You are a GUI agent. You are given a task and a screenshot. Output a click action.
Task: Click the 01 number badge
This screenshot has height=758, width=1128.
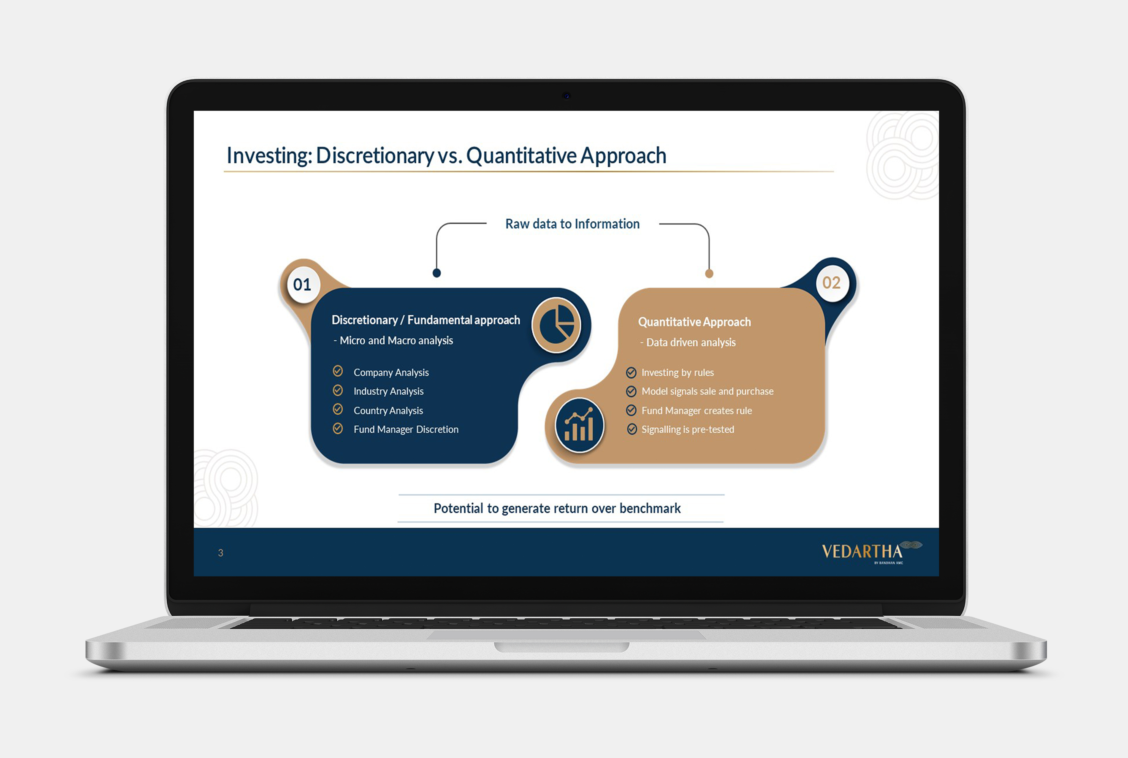[303, 285]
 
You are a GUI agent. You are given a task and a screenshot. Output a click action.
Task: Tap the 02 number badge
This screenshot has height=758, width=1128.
[832, 283]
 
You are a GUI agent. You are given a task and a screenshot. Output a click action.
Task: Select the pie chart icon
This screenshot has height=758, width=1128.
[557, 324]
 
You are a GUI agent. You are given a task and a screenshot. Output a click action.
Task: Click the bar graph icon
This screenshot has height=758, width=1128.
[579, 425]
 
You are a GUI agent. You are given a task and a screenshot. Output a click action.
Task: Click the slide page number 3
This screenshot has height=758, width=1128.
[221, 553]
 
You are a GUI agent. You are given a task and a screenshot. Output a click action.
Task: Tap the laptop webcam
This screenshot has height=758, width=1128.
[567, 96]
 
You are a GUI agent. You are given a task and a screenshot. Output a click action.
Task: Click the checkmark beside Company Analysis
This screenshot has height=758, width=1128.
[338, 371]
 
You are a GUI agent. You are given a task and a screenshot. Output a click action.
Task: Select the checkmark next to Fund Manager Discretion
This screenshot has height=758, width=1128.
[338, 428]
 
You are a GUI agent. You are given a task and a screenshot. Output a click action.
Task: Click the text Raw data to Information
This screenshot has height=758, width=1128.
[573, 224]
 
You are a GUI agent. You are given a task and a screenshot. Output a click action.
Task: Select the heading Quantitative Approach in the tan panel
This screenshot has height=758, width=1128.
[694, 322]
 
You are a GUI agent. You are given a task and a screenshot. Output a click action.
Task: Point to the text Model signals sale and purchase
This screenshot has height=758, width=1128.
[707, 391]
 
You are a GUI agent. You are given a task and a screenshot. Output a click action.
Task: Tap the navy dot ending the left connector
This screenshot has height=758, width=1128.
[436, 273]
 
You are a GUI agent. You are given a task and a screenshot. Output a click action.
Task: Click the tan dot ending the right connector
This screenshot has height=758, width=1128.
[709, 274]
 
